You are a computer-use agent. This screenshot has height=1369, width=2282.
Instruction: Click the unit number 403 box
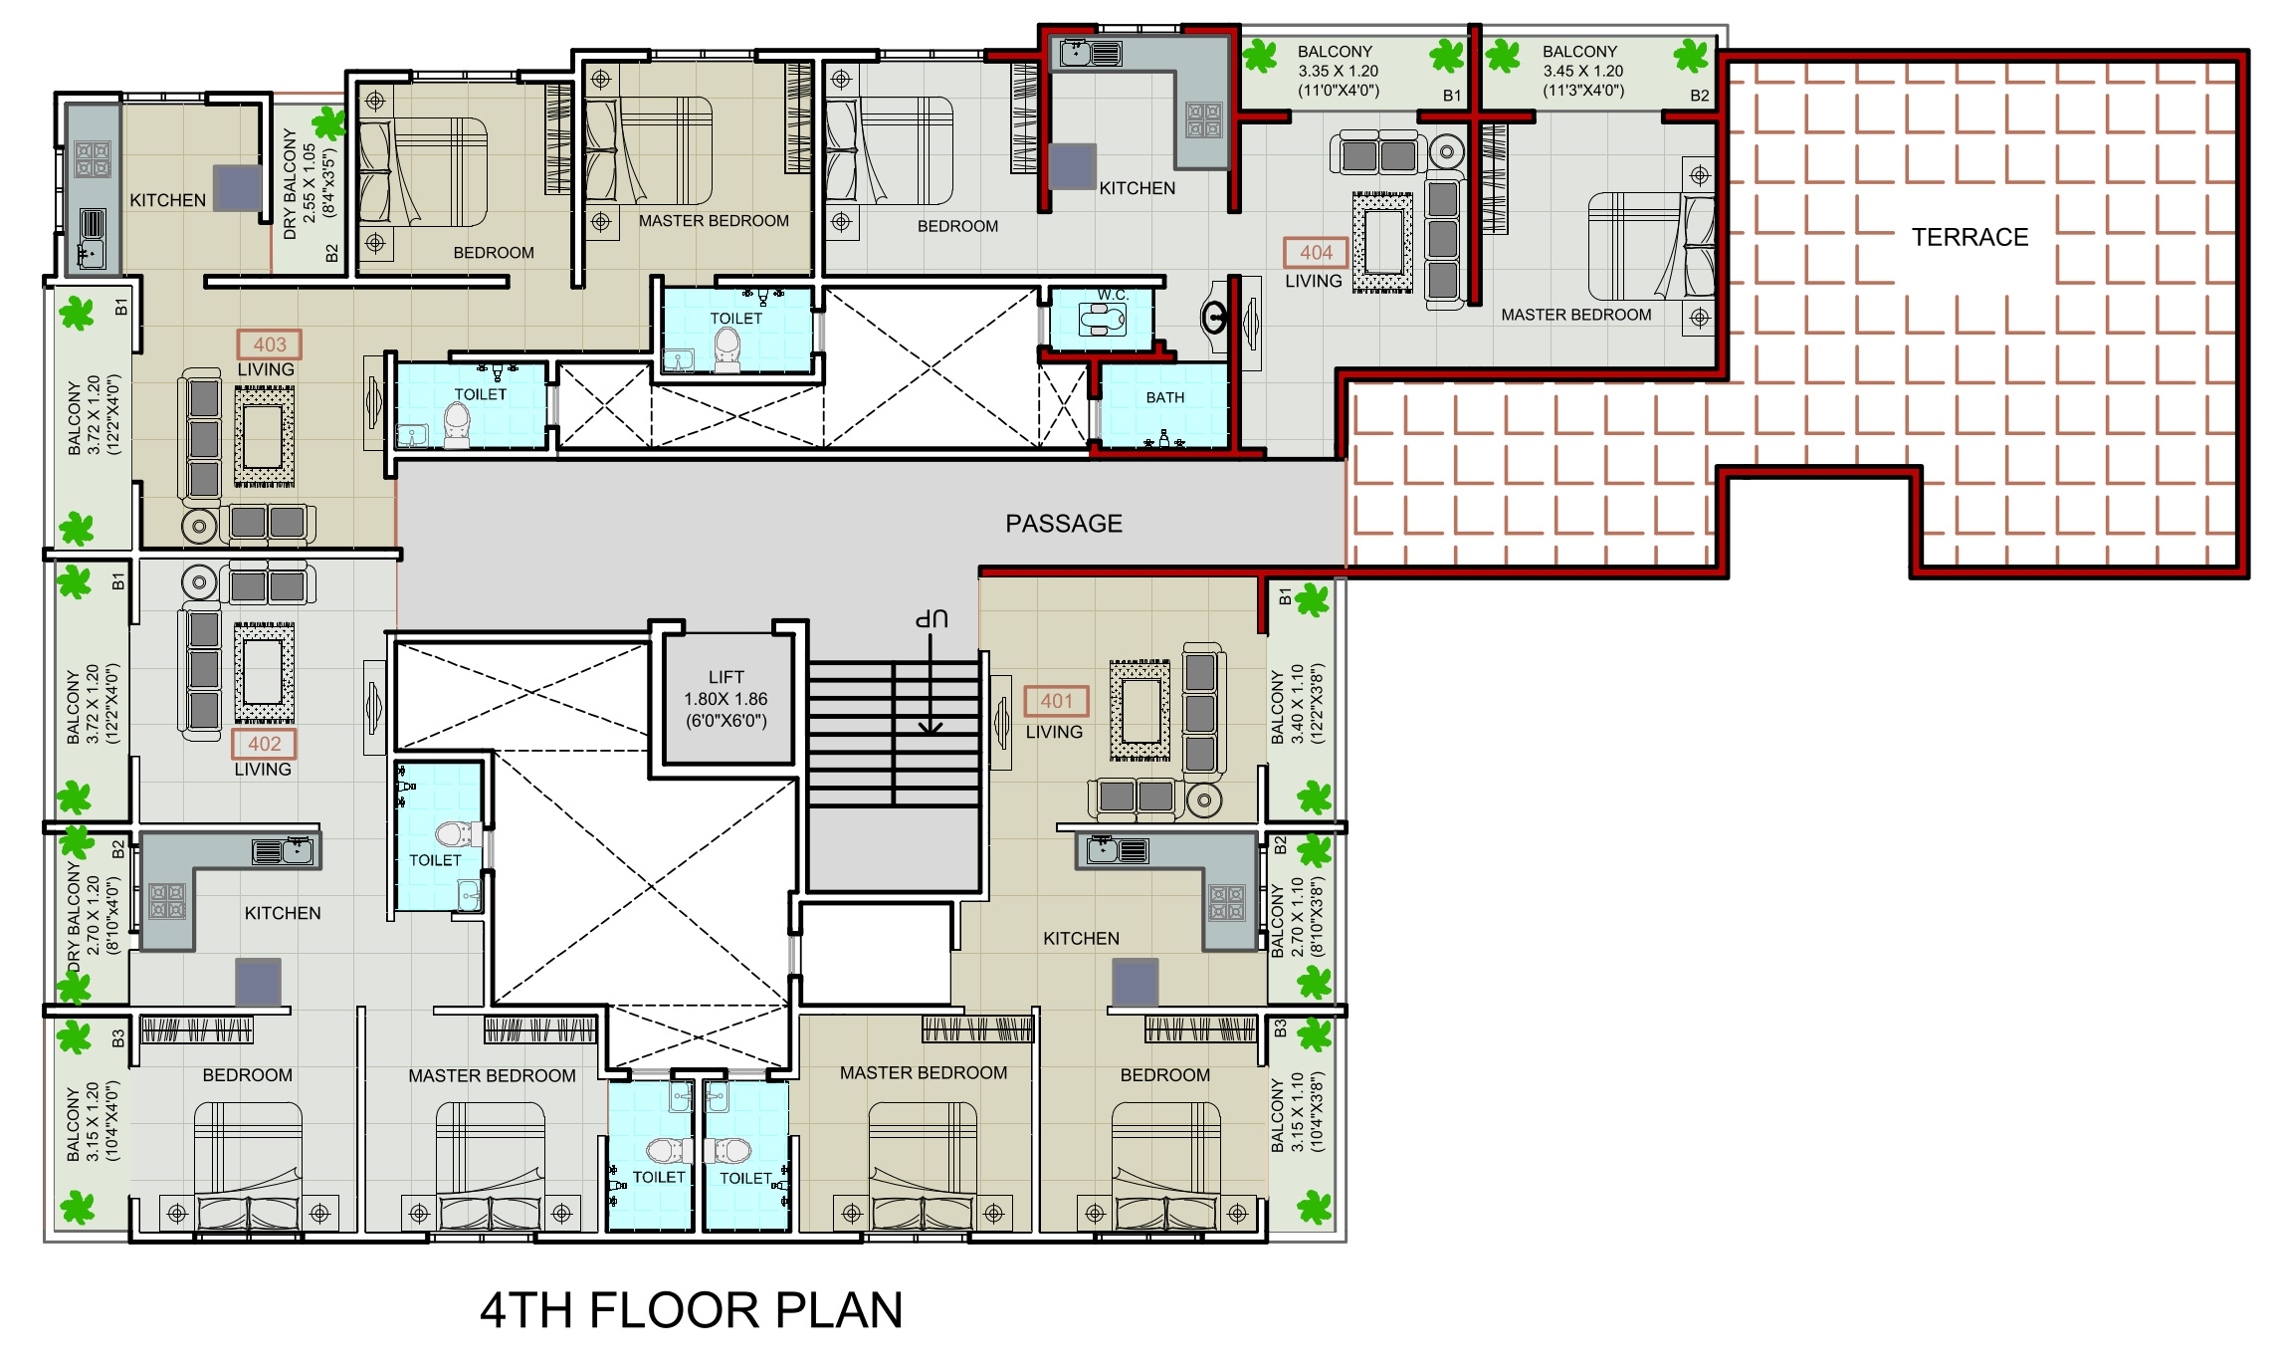(269, 344)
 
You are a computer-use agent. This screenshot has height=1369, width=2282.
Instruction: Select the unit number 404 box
(1316, 253)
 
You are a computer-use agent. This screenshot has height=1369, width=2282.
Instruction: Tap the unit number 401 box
(1056, 701)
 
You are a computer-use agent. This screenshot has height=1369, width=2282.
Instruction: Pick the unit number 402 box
(264, 744)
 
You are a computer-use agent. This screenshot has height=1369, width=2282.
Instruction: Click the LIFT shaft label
(726, 677)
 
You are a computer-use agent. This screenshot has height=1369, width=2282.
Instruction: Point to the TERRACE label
(1970, 237)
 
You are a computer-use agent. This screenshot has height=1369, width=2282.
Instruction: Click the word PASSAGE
(1064, 524)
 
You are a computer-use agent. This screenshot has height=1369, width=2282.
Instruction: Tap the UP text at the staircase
(932, 619)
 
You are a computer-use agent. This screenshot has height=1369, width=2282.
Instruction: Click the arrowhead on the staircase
(931, 728)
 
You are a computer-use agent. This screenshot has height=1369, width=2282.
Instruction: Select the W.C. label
(1114, 295)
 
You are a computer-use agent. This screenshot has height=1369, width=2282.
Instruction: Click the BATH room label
(1164, 397)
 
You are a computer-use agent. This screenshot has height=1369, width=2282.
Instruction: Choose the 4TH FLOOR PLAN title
(692, 1310)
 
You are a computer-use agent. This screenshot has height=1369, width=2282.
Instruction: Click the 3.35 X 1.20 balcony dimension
(1339, 71)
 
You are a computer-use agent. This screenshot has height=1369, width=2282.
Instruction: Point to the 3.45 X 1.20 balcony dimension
(1583, 71)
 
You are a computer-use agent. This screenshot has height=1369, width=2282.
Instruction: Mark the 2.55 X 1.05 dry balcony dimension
(310, 183)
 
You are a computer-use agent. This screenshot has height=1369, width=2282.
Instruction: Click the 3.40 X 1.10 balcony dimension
(1298, 704)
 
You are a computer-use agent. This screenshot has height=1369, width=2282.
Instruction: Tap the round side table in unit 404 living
(1446, 152)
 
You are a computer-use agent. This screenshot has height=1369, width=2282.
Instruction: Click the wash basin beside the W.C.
(1215, 319)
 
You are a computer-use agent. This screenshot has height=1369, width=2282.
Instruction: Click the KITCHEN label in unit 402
(283, 913)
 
